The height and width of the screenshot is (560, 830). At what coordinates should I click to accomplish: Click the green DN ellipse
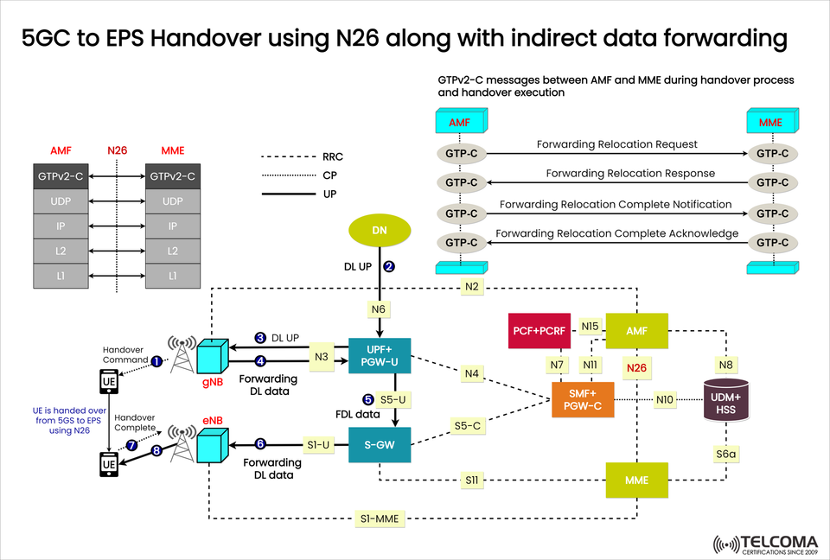(380, 231)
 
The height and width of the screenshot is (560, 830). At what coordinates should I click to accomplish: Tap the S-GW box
(380, 445)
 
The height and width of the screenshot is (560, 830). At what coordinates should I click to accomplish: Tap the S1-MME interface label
(378, 519)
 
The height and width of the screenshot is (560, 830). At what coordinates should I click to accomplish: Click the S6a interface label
(725, 452)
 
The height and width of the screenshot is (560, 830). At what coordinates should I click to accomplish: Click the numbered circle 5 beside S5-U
(368, 399)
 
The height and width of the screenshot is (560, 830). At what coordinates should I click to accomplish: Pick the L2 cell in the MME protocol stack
(173, 251)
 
